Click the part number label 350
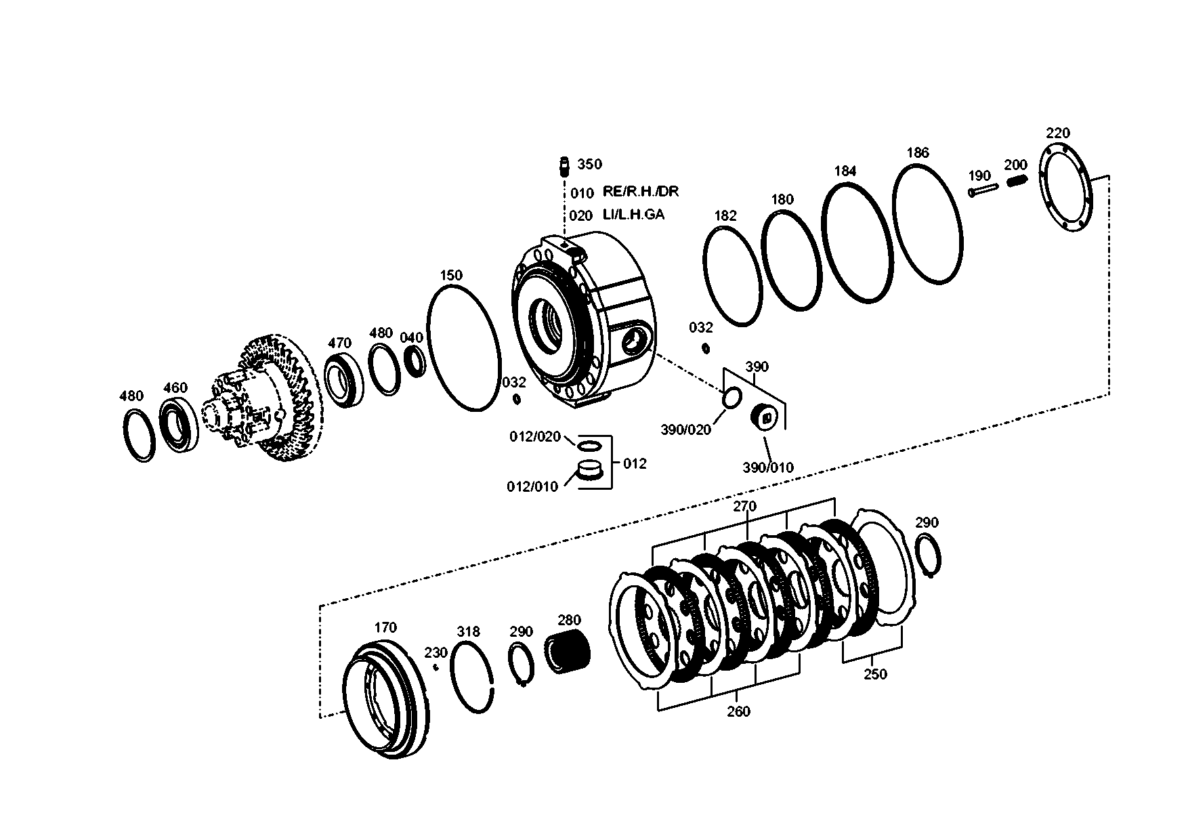(589, 165)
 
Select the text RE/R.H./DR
(641, 192)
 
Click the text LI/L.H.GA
(634, 215)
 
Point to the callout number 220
(1058, 133)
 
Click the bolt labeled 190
(983, 191)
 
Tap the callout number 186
(918, 153)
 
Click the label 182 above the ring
(725, 216)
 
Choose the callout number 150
(451, 275)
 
